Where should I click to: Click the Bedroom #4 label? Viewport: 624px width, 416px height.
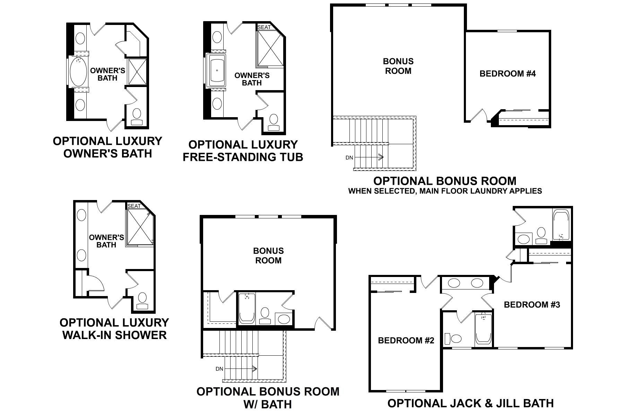point(508,73)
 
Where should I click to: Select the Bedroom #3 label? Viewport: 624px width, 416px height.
point(532,305)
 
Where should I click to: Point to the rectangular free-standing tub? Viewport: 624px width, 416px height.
point(216,70)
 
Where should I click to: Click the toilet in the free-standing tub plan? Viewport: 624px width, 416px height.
point(274,121)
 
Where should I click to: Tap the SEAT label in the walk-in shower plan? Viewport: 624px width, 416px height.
point(134,206)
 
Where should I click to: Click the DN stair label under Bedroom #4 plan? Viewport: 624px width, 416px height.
point(349,158)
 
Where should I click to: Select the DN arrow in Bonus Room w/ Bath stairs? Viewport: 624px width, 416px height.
point(243,369)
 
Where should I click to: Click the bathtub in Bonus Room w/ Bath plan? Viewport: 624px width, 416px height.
point(247,309)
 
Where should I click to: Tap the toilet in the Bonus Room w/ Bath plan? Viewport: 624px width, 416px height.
point(265,315)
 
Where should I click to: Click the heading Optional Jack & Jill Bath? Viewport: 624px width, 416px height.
point(470,403)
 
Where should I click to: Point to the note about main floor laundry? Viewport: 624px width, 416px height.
point(445,191)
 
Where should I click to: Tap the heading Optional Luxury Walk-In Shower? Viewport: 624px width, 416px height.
point(114,329)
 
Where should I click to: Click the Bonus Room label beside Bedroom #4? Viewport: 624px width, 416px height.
point(398,66)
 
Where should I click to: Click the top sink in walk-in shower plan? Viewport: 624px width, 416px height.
point(81,215)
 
